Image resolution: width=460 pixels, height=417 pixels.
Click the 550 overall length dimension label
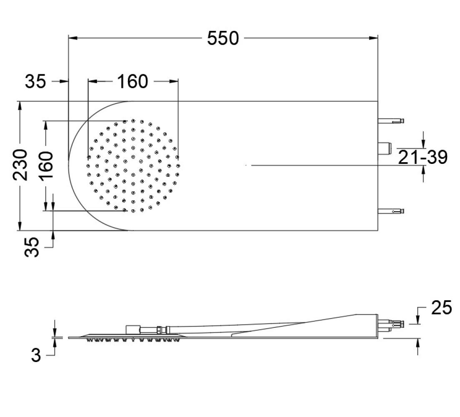point(223,38)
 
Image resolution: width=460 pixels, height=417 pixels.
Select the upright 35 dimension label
point(35,81)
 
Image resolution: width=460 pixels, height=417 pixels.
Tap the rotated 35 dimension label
point(32,247)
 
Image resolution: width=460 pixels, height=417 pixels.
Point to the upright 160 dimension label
point(132,81)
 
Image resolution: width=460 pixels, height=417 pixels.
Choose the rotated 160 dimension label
point(45,165)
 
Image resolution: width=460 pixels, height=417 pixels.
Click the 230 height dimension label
point(20,165)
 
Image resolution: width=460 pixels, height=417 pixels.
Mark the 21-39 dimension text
point(423,157)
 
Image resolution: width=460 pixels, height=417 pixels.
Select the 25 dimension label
point(442,308)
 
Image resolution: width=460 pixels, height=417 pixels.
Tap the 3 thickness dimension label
point(36,356)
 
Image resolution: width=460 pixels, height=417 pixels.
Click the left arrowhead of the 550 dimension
point(73,38)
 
